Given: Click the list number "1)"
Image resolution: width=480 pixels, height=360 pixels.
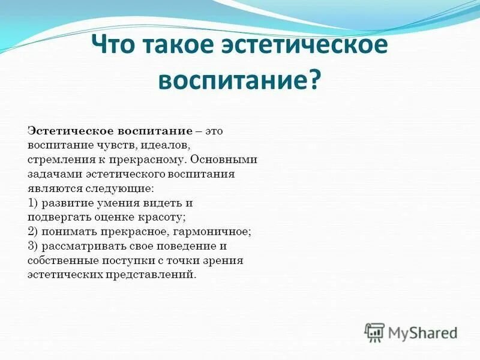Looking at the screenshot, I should tap(34, 203).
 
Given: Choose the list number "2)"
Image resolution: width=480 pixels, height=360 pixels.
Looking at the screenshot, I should tap(34, 232).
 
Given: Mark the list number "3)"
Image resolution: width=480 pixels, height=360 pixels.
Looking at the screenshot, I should tap(34, 246).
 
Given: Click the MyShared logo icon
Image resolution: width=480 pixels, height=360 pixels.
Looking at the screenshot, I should tap(375, 331).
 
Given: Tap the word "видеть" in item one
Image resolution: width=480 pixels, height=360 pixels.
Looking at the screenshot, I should tap(161, 203).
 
